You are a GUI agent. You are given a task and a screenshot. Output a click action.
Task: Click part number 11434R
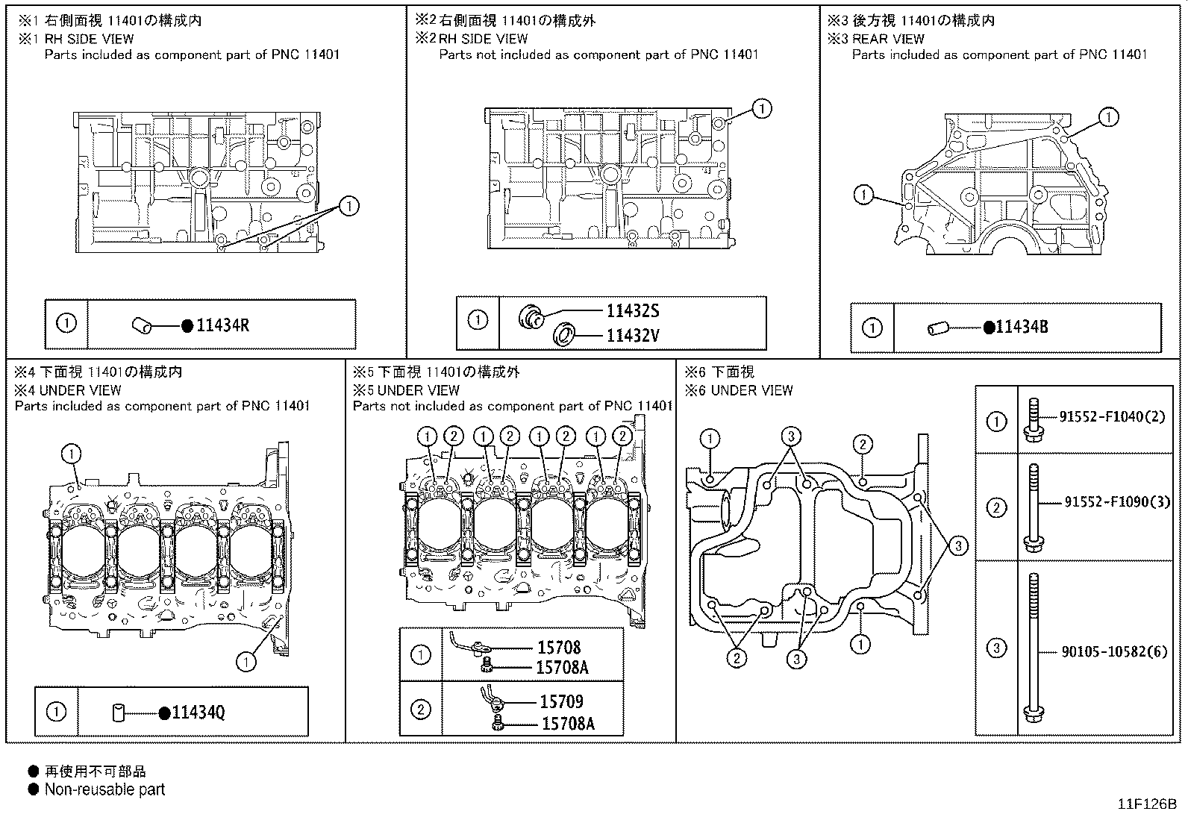[x=222, y=325]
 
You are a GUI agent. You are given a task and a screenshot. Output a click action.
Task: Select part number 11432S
[x=632, y=312]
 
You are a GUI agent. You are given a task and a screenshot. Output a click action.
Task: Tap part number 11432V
[x=632, y=336]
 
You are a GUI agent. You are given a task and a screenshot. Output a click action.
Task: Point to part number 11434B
[x=1022, y=327]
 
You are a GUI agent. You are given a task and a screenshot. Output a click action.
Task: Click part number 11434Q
[x=198, y=713]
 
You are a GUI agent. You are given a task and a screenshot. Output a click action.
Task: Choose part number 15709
[x=561, y=701]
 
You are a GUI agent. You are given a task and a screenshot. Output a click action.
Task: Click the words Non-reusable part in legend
[x=104, y=789]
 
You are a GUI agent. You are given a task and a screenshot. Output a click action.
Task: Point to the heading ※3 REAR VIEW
[x=877, y=39]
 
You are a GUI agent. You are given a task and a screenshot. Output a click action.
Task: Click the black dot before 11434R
[x=187, y=325]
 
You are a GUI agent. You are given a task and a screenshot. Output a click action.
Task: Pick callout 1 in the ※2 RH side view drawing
[x=761, y=109]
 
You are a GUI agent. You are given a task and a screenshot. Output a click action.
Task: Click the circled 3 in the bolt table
[x=996, y=648]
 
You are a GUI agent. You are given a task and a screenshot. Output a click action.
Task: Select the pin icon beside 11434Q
[x=118, y=713]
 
